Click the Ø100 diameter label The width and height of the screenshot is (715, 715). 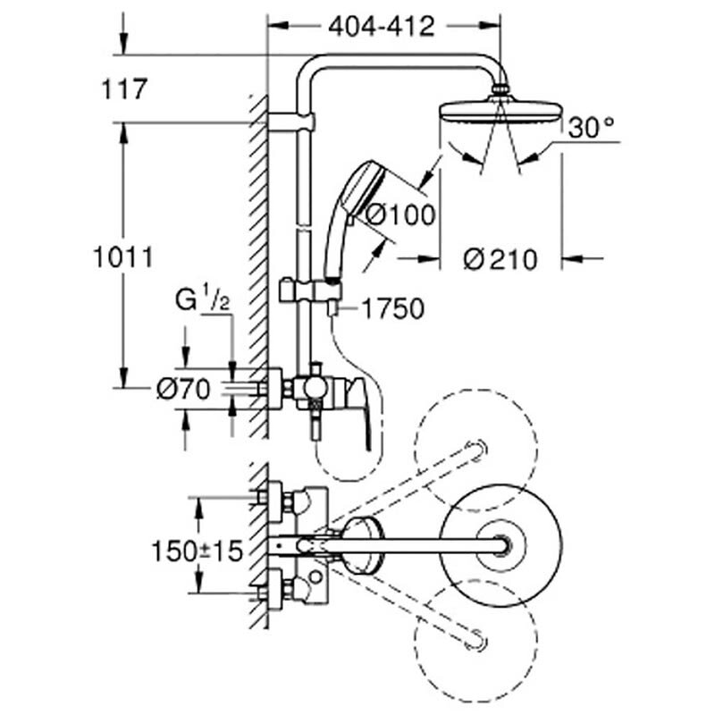(402, 214)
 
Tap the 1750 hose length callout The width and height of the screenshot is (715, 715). (391, 309)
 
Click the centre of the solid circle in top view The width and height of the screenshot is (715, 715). (501, 544)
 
